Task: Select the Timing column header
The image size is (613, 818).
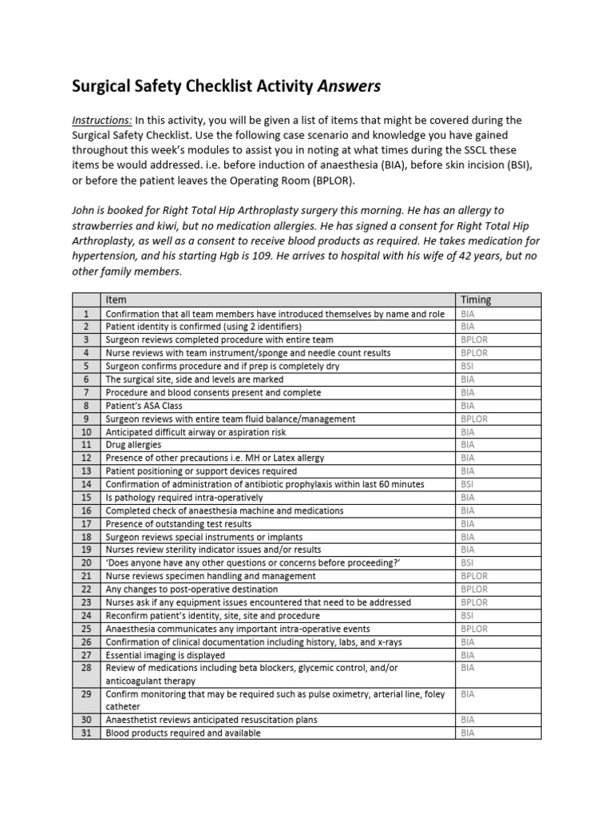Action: tap(476, 300)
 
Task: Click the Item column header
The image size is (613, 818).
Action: tap(116, 300)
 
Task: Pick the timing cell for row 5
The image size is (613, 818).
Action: tap(468, 366)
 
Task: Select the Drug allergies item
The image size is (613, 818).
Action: tap(133, 445)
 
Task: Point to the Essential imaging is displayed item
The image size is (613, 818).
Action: tap(165, 655)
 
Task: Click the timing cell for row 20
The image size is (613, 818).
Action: tap(468, 563)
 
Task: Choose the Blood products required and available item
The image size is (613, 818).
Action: tap(184, 733)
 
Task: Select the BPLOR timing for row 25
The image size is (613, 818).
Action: tap(474, 629)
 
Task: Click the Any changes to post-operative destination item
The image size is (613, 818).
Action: tap(192, 590)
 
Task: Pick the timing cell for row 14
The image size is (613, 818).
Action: tap(468, 484)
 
